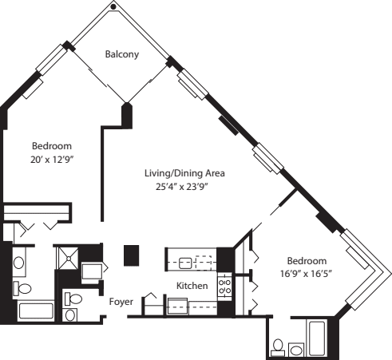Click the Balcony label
(122, 54)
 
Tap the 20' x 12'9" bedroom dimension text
(52, 159)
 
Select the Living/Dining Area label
(184, 173)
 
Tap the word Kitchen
(192, 286)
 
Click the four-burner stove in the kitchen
(225, 285)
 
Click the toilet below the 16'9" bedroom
(278, 346)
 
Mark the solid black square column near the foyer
(132, 255)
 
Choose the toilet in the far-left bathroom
(24, 288)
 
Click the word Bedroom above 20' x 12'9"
(52, 146)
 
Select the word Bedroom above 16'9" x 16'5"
(307, 262)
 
